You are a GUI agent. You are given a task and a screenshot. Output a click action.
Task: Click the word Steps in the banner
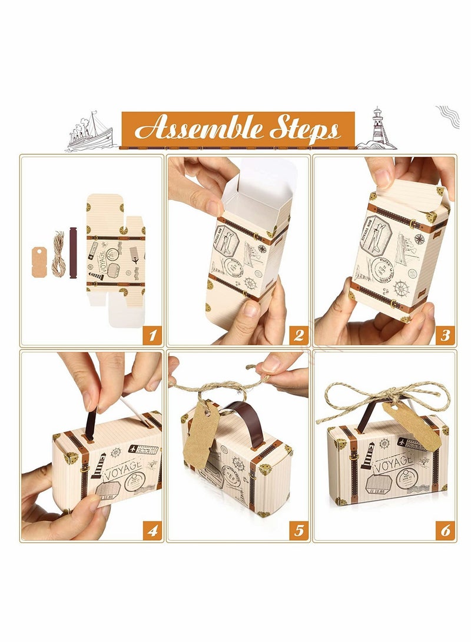pyautogui.click(x=304, y=129)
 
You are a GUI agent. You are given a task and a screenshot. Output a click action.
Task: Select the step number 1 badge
pyautogui.click(x=152, y=335)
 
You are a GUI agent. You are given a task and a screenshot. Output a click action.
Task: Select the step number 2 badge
pyautogui.click(x=298, y=335)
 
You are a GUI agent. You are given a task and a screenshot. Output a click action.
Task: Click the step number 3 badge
pyautogui.click(x=445, y=335)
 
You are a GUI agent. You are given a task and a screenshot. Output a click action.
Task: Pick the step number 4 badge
pyautogui.click(x=152, y=531)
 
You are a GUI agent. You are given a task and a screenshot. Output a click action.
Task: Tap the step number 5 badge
pyautogui.click(x=298, y=531)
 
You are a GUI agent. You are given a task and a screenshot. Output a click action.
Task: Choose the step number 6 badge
pyautogui.click(x=445, y=531)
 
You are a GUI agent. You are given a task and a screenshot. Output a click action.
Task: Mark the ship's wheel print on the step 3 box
pyautogui.click(x=402, y=288)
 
